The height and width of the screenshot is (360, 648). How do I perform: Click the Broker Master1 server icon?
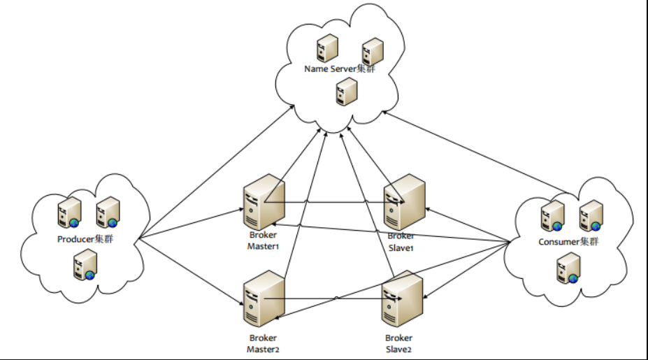tap(264, 202)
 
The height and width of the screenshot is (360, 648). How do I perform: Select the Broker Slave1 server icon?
tap(405, 202)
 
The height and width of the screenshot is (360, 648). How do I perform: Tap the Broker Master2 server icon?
tap(264, 298)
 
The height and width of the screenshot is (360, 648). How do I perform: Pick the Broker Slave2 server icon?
tap(402, 298)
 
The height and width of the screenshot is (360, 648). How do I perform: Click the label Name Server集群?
tap(340, 69)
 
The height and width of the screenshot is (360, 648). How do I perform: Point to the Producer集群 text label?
tap(85, 239)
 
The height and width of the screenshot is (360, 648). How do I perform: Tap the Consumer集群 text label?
tap(568, 242)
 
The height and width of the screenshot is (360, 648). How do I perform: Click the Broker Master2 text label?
tap(264, 343)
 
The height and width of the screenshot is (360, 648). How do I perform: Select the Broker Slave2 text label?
tap(399, 343)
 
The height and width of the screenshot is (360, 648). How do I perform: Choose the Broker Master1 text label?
tap(264, 240)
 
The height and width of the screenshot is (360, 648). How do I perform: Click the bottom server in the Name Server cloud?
tap(347, 92)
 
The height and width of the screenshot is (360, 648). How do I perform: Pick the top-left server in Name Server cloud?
tap(327, 48)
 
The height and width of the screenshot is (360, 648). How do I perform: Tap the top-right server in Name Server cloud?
tap(373, 52)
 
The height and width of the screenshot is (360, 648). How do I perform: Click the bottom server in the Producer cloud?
tap(85, 266)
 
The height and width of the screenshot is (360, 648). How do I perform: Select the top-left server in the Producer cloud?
tap(69, 213)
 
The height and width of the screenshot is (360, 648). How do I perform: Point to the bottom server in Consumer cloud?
tap(568, 268)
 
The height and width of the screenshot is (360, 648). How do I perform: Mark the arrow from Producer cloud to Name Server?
tap(217, 172)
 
